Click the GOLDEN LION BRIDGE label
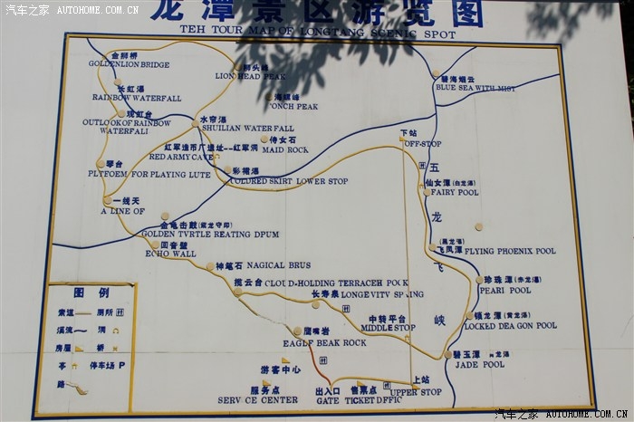click(x=129, y=65)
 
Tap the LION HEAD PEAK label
click(x=250, y=77)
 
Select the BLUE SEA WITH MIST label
click(x=475, y=89)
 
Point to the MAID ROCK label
click(x=285, y=149)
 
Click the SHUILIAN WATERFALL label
click(x=247, y=129)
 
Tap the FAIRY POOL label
click(x=455, y=193)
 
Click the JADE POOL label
click(x=479, y=365)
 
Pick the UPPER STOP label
click(x=415, y=391)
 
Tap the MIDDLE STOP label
click(x=388, y=328)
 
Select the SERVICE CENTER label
click(x=257, y=399)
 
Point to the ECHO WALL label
click(x=170, y=254)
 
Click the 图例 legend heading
click(x=91, y=293)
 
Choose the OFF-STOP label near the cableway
click(x=422, y=144)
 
